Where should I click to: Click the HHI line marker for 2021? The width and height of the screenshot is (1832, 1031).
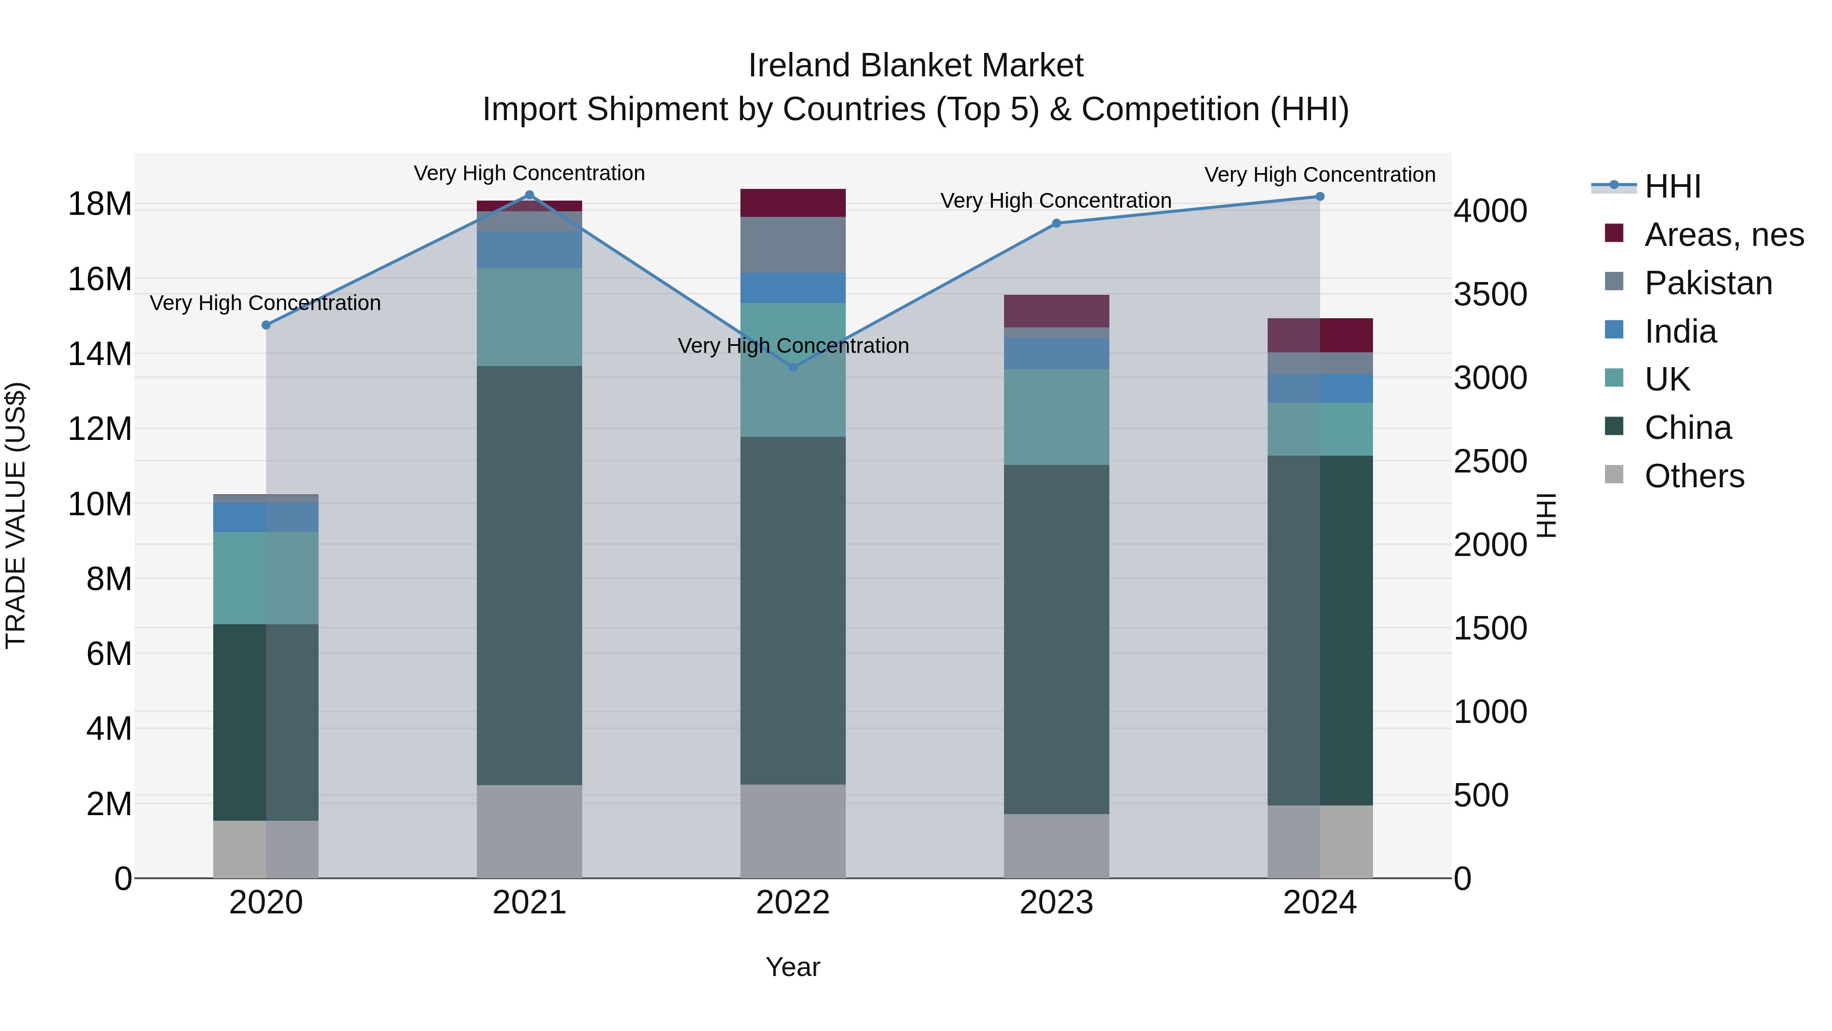(x=529, y=195)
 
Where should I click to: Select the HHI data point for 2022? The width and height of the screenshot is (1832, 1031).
(x=793, y=367)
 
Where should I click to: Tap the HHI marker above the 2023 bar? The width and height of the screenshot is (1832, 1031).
(x=1056, y=224)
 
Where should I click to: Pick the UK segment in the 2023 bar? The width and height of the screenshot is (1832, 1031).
(x=1056, y=416)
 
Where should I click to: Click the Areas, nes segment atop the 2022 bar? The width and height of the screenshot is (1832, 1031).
(x=793, y=203)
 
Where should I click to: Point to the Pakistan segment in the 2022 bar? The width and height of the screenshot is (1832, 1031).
(x=793, y=245)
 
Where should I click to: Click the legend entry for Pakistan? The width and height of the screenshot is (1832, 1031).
(x=1707, y=283)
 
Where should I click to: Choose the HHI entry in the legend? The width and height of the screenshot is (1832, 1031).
(x=1671, y=186)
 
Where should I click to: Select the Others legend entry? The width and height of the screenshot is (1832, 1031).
(x=1693, y=476)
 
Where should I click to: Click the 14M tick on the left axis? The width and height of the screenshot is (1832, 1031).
(x=100, y=354)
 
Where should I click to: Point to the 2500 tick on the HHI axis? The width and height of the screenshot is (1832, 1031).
(x=1490, y=461)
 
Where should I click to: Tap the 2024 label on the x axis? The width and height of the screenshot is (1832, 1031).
(x=1319, y=903)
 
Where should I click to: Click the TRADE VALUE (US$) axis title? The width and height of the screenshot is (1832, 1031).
(x=16, y=515)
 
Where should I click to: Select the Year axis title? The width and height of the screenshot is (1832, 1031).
(x=792, y=967)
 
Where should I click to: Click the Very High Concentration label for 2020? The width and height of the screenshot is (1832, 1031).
(x=265, y=303)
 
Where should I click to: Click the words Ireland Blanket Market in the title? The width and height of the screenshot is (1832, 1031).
(x=915, y=66)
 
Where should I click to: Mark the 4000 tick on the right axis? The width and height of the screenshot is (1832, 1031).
(x=1490, y=211)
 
